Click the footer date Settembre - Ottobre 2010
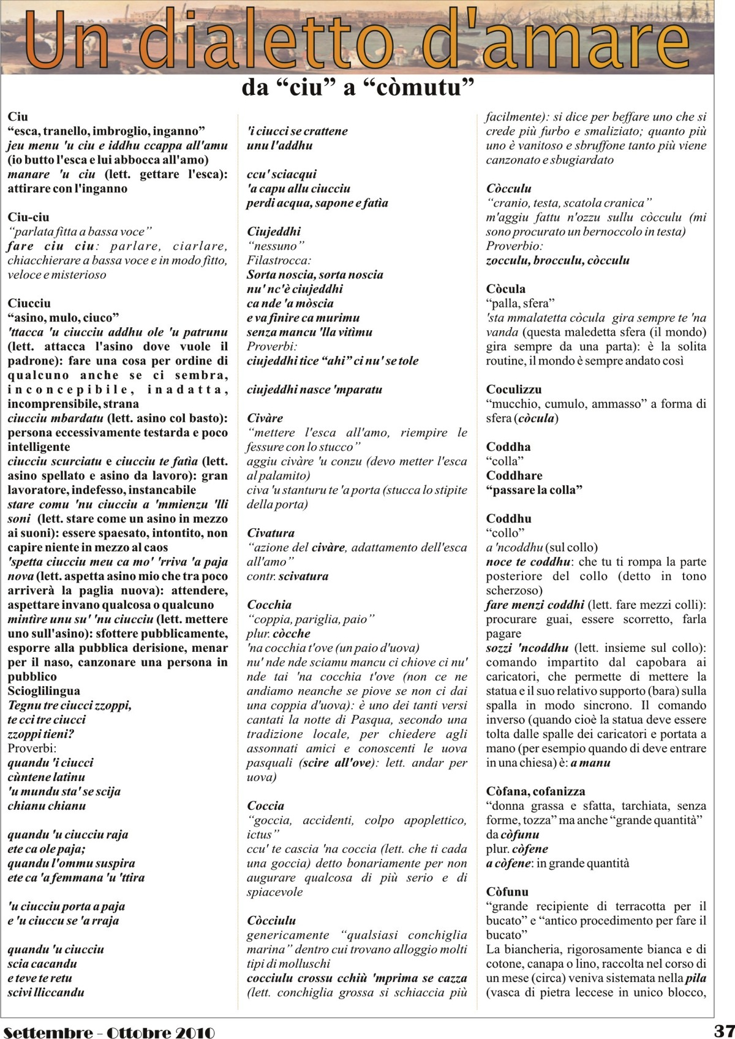point(108,1031)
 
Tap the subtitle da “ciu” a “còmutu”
point(358,88)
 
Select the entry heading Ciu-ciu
point(28,217)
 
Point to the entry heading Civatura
point(271,533)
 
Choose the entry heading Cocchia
point(269,605)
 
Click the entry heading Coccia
point(266,806)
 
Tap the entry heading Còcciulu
point(271,920)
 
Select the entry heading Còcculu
point(508,189)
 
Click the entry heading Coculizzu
point(514,389)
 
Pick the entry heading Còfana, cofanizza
point(536,791)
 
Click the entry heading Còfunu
point(507,891)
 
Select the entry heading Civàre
point(265,418)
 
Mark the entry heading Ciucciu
point(29,303)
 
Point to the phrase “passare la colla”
point(534,490)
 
